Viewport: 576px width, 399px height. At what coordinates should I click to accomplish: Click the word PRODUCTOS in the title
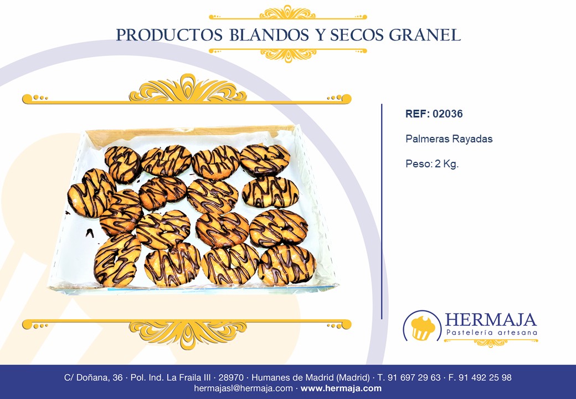(x=169, y=35)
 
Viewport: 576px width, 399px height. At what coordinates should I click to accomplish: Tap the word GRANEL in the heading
(x=425, y=35)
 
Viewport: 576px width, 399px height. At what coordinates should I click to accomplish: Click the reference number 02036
(x=448, y=114)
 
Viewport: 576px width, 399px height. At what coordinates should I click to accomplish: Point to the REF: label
(x=418, y=114)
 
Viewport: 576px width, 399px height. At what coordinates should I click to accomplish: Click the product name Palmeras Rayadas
(x=449, y=139)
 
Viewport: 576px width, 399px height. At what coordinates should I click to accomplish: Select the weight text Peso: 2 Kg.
(x=432, y=164)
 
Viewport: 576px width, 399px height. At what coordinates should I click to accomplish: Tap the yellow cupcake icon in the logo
(x=422, y=327)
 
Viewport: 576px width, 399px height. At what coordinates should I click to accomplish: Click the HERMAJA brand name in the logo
(x=491, y=320)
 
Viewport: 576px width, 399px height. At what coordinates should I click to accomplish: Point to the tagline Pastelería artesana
(x=491, y=332)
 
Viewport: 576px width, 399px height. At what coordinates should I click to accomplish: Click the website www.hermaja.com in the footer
(x=341, y=388)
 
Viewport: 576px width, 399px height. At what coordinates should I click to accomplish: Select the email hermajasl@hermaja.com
(x=243, y=388)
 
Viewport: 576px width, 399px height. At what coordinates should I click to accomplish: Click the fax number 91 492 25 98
(x=485, y=378)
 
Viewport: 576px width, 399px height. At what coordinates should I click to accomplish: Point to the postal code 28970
(x=231, y=378)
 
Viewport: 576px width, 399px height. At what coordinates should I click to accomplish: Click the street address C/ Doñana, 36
(x=93, y=378)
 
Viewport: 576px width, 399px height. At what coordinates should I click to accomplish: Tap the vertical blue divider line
(x=382, y=212)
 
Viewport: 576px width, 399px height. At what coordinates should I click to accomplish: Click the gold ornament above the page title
(x=287, y=13)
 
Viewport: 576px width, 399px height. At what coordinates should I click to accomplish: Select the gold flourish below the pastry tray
(x=187, y=333)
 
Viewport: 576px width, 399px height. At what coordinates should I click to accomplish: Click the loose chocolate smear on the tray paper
(x=90, y=233)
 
